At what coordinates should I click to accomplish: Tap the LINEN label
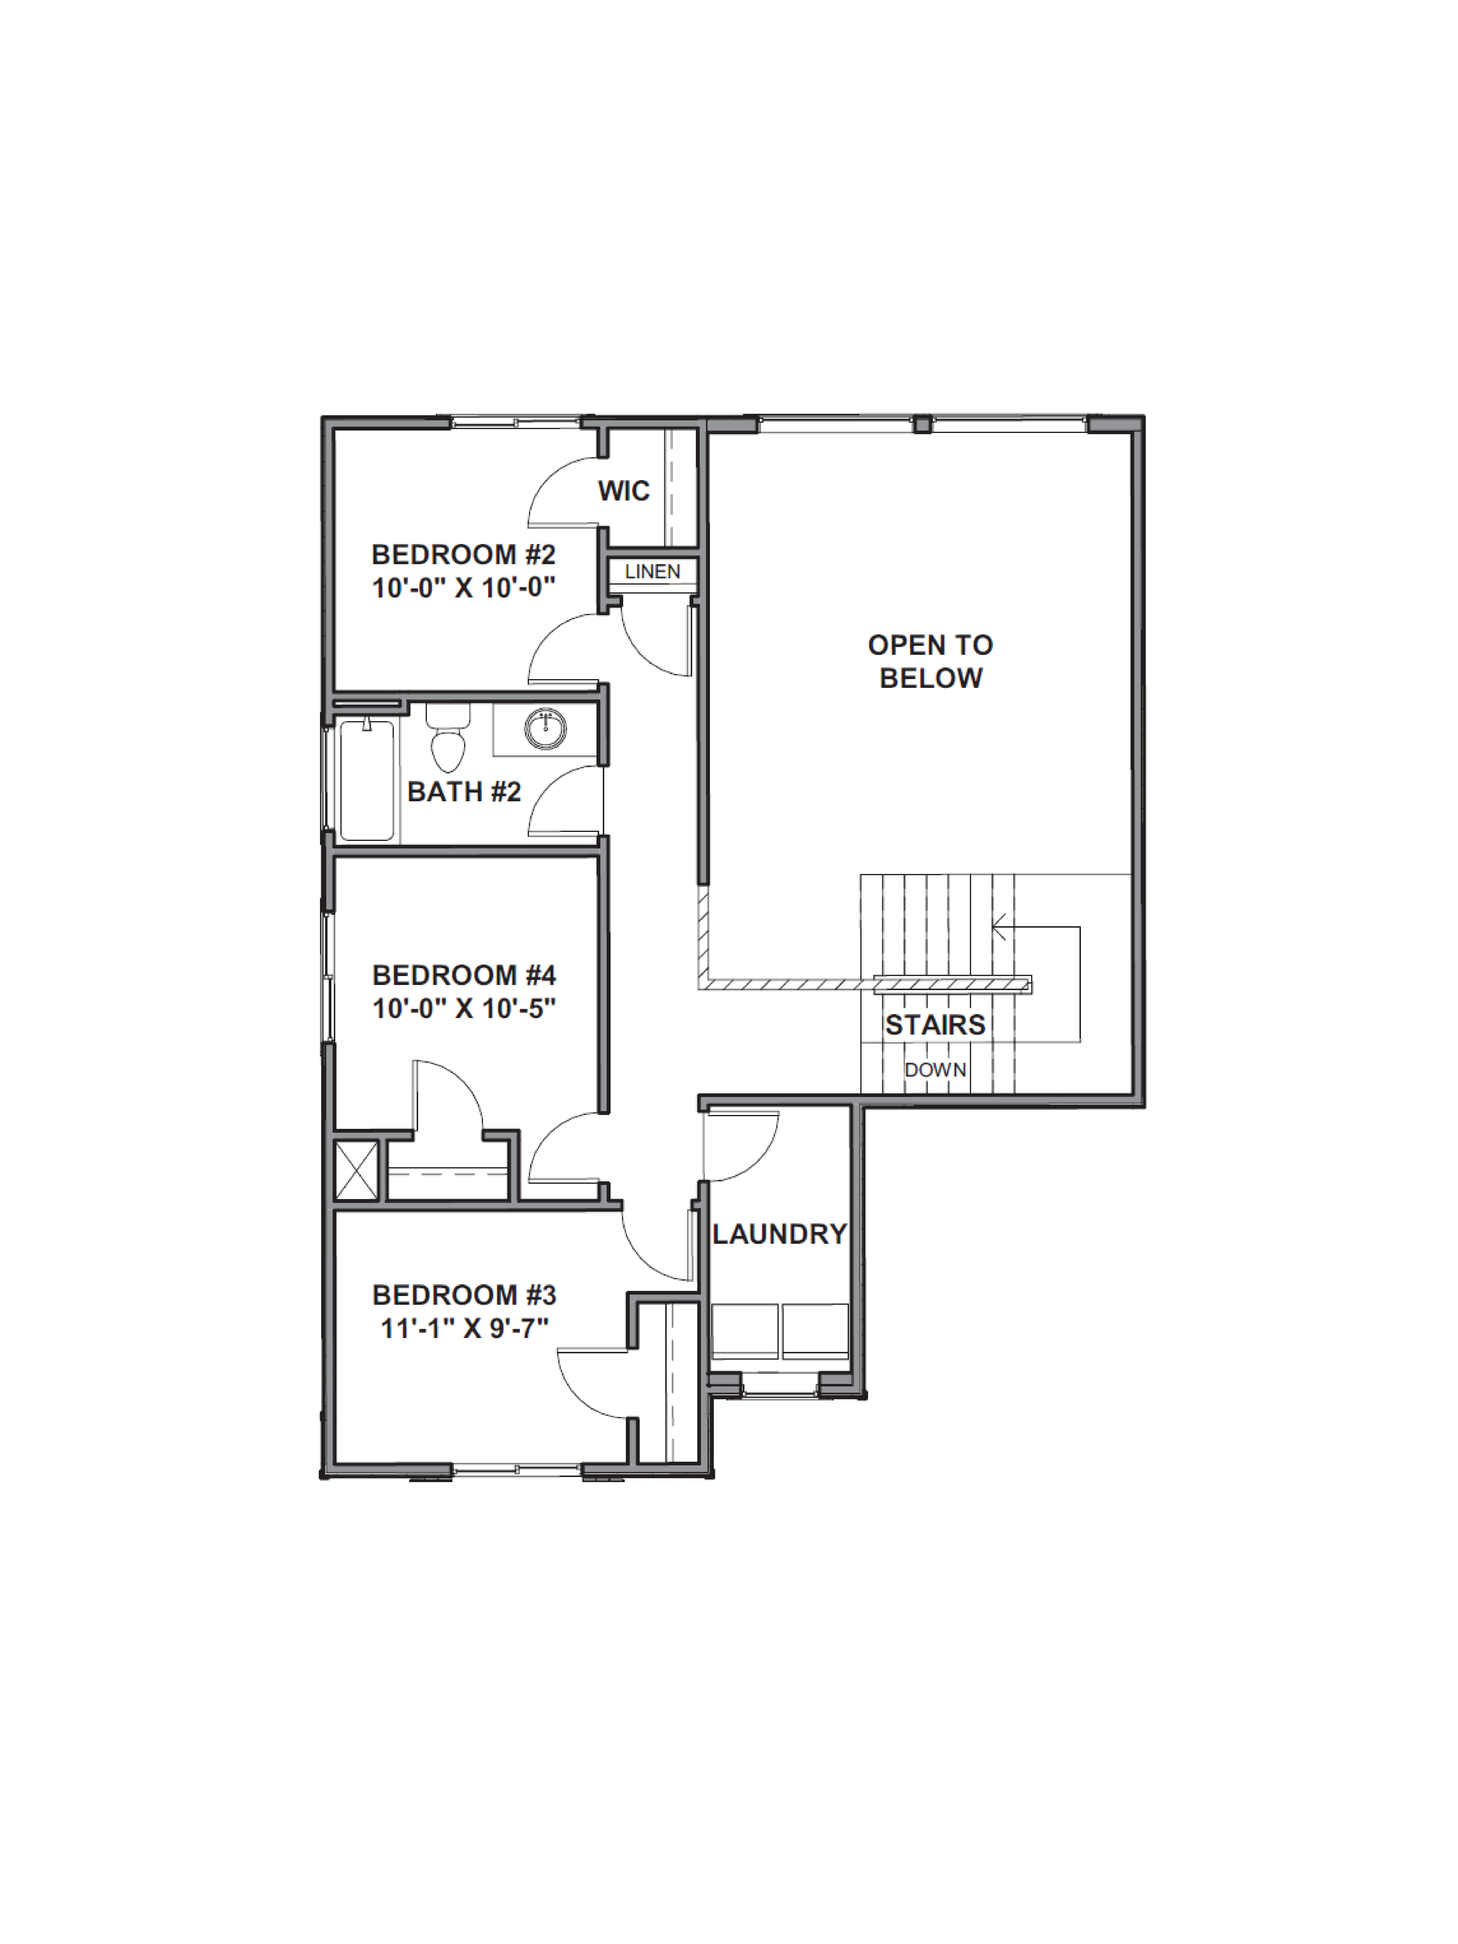point(652,571)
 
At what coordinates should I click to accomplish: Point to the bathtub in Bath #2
point(366,780)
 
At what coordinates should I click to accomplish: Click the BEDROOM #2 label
point(463,554)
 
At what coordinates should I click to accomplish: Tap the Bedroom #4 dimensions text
point(463,1008)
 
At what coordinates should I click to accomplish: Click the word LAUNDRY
point(779,1234)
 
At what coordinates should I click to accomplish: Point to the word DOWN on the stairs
point(935,1070)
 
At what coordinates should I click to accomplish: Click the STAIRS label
point(935,1025)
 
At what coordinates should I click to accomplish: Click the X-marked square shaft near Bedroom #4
point(356,1170)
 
